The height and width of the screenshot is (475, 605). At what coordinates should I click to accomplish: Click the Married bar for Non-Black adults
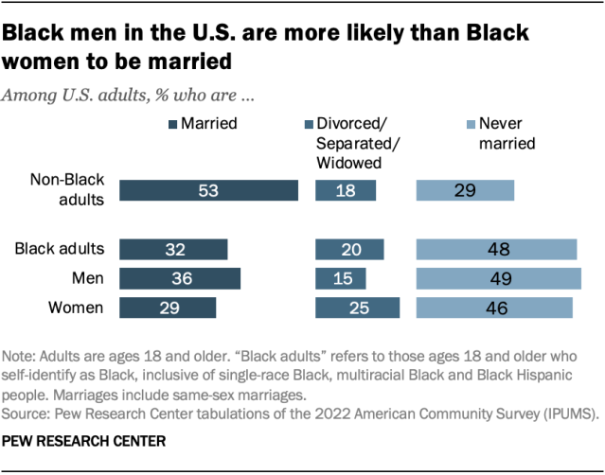coord(208,189)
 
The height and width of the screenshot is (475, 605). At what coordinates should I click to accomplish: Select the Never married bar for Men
coord(499,278)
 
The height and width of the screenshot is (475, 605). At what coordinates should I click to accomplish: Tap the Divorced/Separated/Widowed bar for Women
coord(357,308)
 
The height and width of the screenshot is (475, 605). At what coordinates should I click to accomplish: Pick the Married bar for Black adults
coord(173,249)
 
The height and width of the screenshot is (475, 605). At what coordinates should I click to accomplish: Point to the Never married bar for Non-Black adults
coord(465,189)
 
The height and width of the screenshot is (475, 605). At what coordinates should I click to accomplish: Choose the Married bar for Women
coord(168,308)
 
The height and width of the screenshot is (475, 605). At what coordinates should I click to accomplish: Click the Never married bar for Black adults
coord(497,249)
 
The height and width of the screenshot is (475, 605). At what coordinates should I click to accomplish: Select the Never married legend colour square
coord(469,124)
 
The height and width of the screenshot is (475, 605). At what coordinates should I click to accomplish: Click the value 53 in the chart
coord(208,189)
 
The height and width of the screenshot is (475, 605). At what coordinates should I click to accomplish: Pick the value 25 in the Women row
coord(357,308)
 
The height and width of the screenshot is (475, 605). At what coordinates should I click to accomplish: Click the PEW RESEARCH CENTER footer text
coord(71,441)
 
